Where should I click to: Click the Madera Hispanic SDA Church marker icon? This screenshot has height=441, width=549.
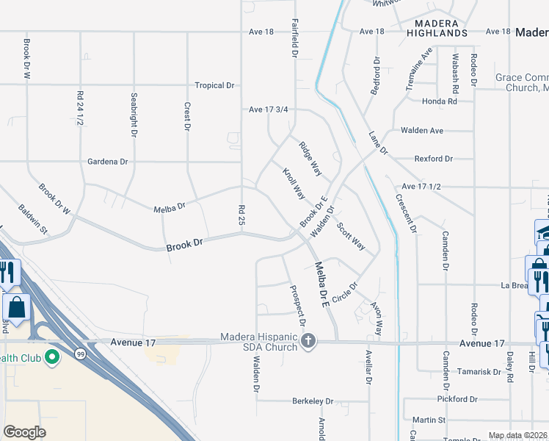click(x=308, y=340)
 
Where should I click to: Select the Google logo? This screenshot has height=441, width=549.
click(x=24, y=432)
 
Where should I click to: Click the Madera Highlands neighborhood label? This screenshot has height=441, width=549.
click(x=436, y=29)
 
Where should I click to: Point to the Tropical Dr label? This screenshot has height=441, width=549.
click(x=214, y=85)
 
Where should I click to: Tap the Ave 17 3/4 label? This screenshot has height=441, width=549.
click(x=268, y=110)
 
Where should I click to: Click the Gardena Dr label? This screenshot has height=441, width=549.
click(x=107, y=161)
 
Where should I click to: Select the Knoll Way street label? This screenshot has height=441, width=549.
click(x=294, y=184)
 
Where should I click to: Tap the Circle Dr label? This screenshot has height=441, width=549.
click(x=344, y=292)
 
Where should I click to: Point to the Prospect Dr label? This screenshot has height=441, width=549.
click(x=297, y=306)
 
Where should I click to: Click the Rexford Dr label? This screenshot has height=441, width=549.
click(x=434, y=158)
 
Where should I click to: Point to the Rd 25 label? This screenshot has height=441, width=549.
click(x=241, y=215)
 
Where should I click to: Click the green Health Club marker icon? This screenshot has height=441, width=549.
click(x=52, y=358)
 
